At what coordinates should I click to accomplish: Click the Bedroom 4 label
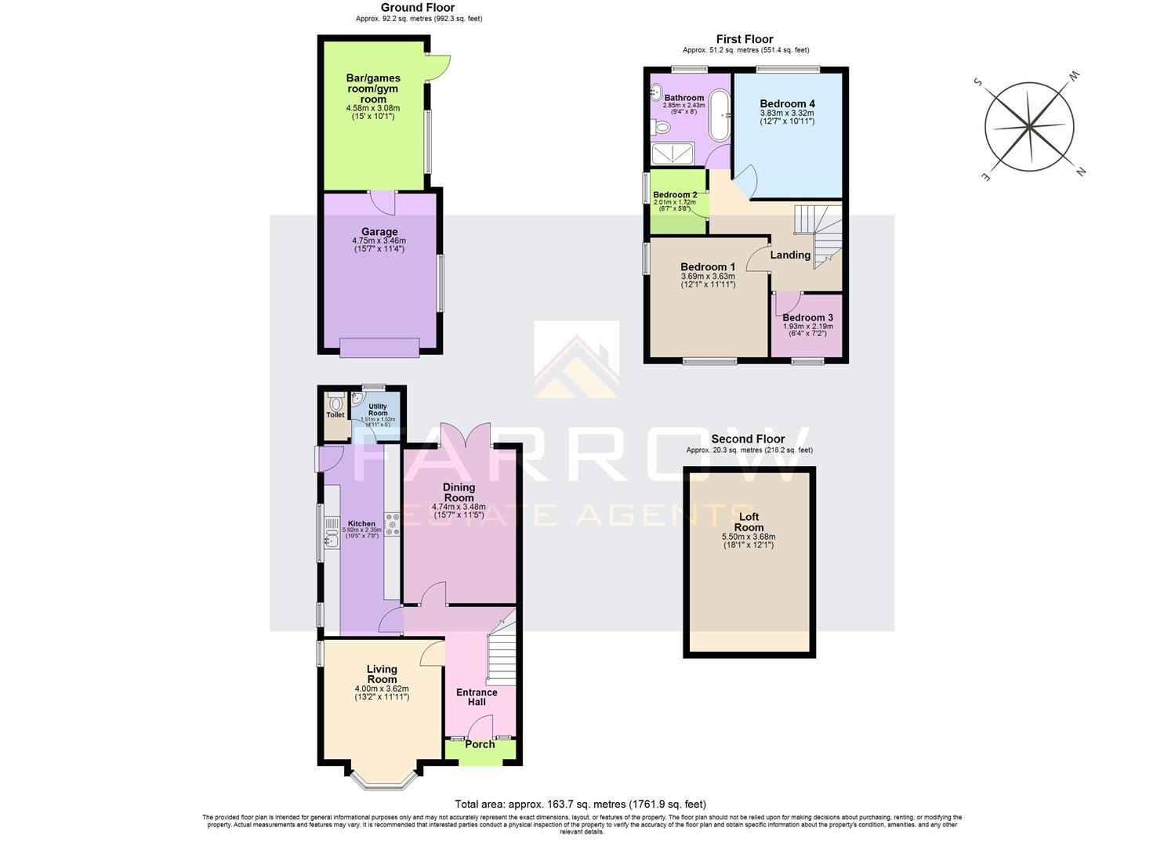(x=787, y=103)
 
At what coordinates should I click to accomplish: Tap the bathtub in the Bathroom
(x=718, y=117)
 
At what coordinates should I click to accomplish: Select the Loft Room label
(x=749, y=522)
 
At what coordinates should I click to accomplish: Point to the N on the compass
(x=1080, y=172)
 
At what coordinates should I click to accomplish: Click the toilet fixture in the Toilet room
(x=336, y=404)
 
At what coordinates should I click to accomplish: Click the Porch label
(x=480, y=744)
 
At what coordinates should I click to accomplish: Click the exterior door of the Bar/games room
(x=439, y=69)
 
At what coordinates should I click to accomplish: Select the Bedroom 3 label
(x=807, y=317)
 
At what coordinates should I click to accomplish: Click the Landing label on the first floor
(x=789, y=255)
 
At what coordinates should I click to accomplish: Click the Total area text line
(x=580, y=804)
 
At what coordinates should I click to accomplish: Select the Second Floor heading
(x=748, y=439)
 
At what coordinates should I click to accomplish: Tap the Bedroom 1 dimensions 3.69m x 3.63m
(x=707, y=277)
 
